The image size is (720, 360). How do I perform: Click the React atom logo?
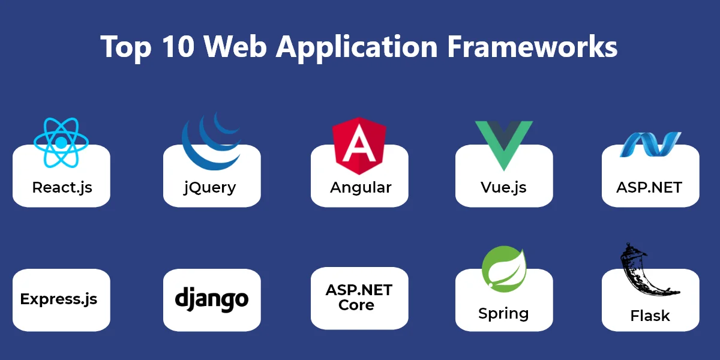61,142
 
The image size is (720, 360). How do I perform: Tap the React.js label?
62,187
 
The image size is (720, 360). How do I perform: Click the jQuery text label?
209,187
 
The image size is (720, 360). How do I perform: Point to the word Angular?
361,187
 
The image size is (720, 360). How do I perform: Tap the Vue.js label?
503,187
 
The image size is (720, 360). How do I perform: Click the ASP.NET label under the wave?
649,187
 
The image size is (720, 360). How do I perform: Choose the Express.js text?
59,299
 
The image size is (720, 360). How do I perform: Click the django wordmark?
211,298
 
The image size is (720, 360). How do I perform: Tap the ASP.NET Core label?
359,298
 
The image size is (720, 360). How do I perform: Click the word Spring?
503,313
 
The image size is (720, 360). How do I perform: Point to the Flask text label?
650,316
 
